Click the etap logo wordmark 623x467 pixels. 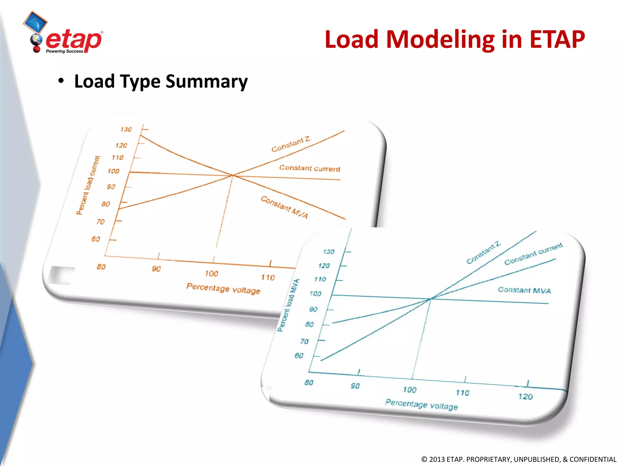(74, 40)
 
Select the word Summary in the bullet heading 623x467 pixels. (207, 81)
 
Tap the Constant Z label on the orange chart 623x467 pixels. (291, 144)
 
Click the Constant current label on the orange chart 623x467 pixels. (309, 168)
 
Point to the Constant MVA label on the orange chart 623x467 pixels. (284, 207)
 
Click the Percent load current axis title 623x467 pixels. (88, 185)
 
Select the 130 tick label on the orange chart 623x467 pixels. (126, 130)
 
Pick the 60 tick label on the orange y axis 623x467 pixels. (96, 239)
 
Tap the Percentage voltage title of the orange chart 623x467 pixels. (223, 288)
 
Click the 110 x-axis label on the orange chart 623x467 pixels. (268, 277)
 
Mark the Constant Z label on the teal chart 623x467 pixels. (483, 252)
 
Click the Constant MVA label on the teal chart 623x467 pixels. (524, 290)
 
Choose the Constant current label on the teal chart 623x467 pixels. (533, 254)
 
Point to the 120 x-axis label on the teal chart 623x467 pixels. (525, 396)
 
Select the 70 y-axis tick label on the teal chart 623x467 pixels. (305, 341)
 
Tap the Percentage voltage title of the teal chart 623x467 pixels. (421, 405)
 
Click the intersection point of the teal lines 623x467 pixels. (430, 299)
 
